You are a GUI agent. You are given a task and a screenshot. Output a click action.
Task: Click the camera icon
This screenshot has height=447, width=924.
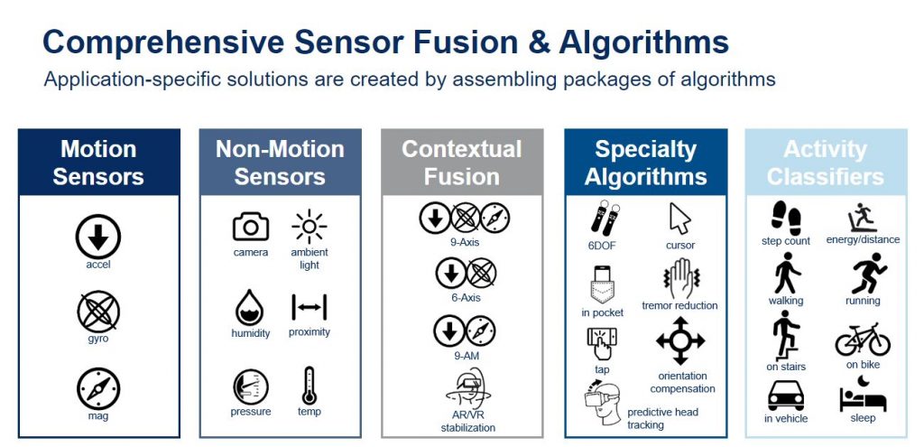click(251, 227)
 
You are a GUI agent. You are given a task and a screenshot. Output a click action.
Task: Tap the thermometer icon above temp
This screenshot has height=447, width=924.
click(309, 386)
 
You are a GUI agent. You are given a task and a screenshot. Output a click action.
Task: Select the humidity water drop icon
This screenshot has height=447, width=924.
click(250, 307)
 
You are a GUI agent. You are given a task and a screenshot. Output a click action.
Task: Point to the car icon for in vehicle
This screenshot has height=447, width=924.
click(786, 396)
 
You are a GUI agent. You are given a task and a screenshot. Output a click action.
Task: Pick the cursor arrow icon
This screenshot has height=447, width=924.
click(679, 219)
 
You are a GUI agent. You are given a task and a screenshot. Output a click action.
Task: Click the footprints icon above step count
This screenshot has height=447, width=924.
click(786, 218)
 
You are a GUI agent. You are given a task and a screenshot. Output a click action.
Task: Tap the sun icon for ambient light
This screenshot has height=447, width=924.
click(310, 227)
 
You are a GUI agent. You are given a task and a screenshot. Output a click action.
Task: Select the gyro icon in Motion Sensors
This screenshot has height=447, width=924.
click(98, 312)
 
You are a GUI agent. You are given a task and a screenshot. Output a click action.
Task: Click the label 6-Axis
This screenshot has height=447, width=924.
click(467, 298)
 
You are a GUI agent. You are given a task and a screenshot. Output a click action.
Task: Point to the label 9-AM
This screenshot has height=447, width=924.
click(466, 356)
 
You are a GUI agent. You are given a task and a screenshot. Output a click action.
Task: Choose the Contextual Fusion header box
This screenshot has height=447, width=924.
click(462, 163)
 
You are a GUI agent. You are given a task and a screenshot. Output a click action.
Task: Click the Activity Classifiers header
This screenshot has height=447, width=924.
click(826, 163)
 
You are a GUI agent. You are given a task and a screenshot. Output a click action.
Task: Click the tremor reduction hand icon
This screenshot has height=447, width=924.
click(680, 278)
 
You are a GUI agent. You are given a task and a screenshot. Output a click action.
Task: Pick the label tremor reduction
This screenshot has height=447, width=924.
click(679, 305)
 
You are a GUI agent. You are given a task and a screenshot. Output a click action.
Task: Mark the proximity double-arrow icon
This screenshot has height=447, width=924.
click(309, 307)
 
